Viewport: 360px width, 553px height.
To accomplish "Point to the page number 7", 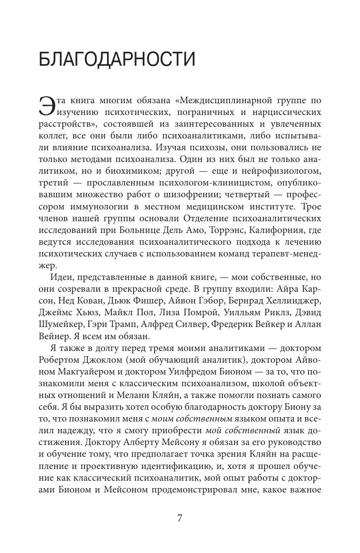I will (x=180, y=518).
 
